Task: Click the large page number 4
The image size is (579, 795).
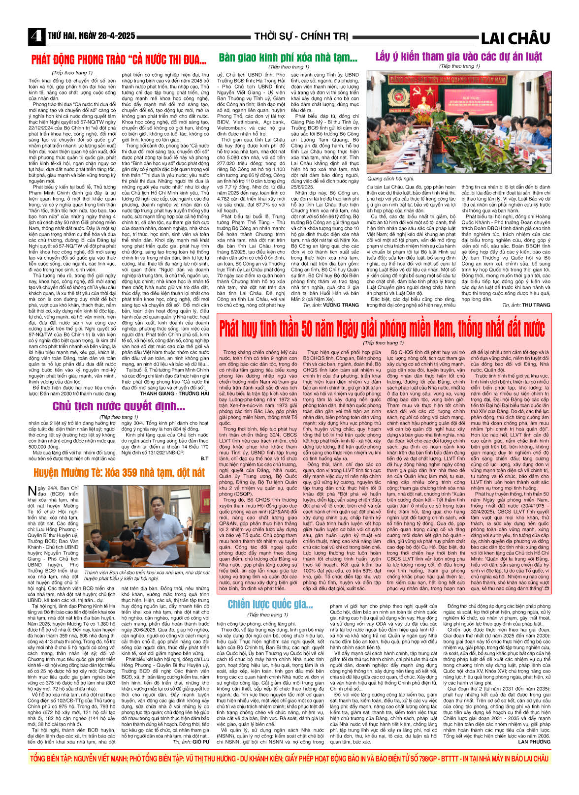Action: (x=35, y=36)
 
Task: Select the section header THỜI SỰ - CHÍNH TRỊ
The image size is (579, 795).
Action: (x=301, y=37)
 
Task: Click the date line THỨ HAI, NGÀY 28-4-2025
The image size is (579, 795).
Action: (x=92, y=36)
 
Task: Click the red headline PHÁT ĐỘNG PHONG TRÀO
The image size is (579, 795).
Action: (x=119, y=60)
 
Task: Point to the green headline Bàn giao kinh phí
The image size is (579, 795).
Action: (x=288, y=58)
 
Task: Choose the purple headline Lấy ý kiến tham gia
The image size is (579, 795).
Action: (x=458, y=57)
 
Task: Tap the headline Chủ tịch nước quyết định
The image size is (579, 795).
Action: (x=119, y=406)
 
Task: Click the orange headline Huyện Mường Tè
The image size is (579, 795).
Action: (x=119, y=473)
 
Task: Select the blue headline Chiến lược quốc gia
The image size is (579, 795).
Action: (x=270, y=604)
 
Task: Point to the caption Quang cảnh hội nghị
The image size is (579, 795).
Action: (x=391, y=179)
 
